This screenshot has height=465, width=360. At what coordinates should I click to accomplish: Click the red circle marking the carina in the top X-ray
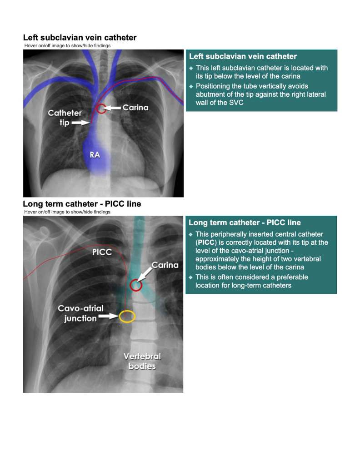[101, 109]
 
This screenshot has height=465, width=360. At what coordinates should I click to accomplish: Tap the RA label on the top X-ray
[95, 155]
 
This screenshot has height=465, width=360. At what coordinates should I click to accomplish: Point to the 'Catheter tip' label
[65, 118]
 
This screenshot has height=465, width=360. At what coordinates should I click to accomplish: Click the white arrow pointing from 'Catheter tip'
[81, 123]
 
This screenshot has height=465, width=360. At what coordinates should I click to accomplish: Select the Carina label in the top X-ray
[135, 107]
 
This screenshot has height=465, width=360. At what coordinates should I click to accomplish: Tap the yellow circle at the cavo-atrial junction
[127, 317]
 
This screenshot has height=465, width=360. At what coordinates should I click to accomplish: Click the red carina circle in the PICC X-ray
[135, 285]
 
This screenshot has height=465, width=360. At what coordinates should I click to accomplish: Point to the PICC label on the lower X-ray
[102, 252]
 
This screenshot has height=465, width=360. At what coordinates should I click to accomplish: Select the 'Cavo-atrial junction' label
[81, 313]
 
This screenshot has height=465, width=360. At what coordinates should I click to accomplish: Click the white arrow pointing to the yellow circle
[109, 317]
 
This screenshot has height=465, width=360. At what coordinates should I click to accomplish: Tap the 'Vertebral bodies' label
[142, 361]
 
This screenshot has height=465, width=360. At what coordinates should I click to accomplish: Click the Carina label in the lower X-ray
[165, 265]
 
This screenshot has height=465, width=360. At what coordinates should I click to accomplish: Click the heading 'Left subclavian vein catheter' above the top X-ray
[80, 38]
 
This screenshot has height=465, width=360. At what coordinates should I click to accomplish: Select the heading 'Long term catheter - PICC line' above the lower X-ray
[82, 204]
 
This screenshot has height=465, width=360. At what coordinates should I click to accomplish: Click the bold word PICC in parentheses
[205, 242]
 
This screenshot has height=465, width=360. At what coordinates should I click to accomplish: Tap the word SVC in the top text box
[236, 103]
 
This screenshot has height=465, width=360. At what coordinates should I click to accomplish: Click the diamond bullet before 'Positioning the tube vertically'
[191, 86]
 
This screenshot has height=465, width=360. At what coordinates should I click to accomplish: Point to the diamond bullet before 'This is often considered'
[190, 277]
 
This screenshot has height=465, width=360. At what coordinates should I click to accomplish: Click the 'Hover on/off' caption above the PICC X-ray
[67, 212]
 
